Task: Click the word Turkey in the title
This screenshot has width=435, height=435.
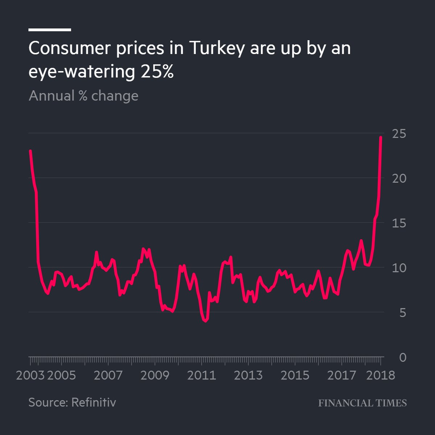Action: pyautogui.click(x=216, y=49)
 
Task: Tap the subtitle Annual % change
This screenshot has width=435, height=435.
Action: pyautogui.click(x=83, y=96)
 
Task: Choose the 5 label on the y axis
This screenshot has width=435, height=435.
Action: pyautogui.click(x=402, y=313)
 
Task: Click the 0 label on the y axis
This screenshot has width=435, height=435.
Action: pyautogui.click(x=402, y=357)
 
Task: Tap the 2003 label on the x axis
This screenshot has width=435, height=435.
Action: pyautogui.click(x=30, y=375)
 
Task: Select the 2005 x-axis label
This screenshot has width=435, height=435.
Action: pyautogui.click(x=62, y=375)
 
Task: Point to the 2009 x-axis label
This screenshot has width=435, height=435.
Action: pyautogui.click(x=155, y=375)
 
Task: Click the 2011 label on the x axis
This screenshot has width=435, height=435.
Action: pyautogui.click(x=202, y=375)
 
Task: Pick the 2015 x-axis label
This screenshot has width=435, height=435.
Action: pyautogui.click(x=295, y=375)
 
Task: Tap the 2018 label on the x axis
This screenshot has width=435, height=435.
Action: pyautogui.click(x=381, y=375)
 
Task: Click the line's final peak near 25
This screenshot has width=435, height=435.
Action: pyautogui.click(x=381, y=137)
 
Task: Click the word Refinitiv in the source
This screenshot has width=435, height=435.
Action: pyautogui.click(x=94, y=402)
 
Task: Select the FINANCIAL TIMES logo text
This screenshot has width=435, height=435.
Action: pyautogui.click(x=362, y=403)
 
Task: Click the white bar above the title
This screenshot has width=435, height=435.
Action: pyautogui.click(x=50, y=30)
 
